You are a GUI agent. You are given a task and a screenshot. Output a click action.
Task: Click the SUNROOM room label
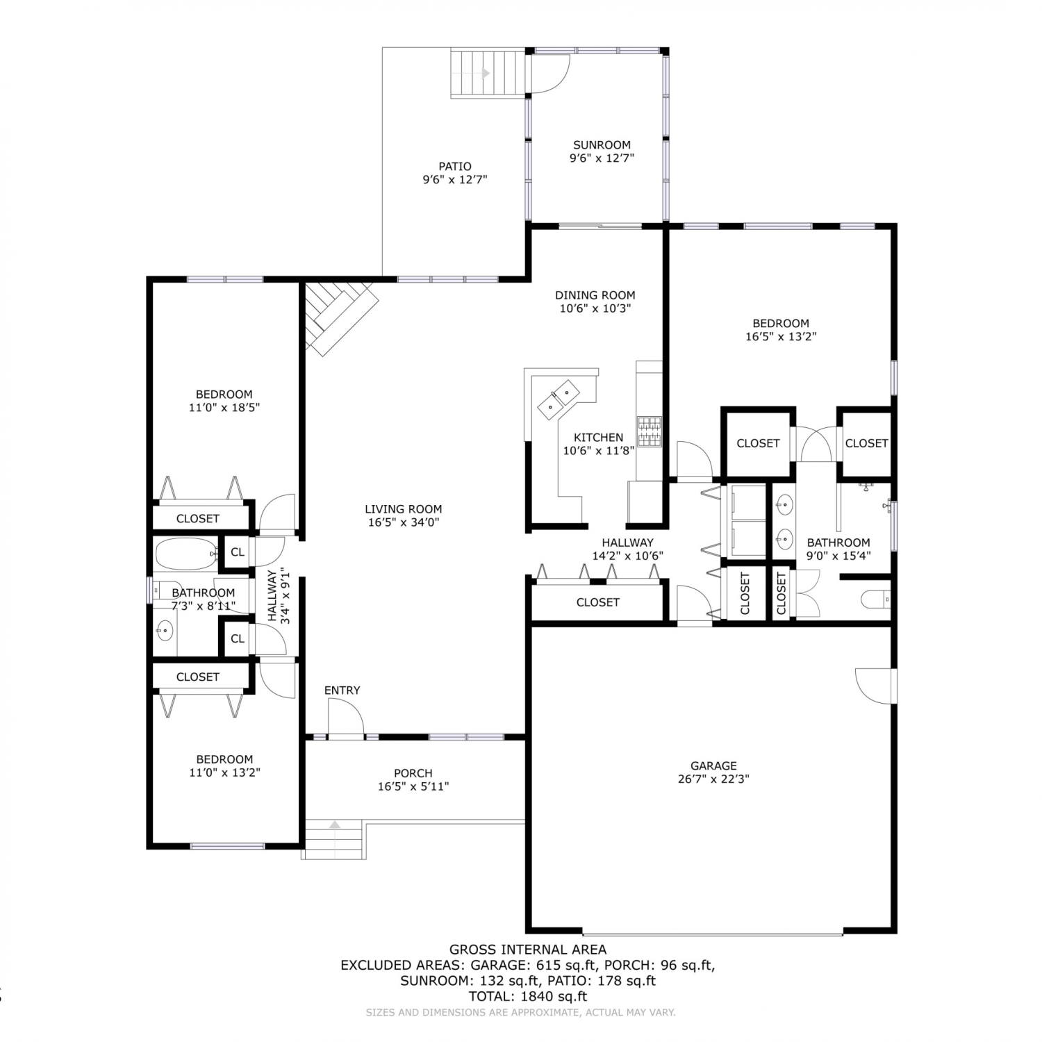tap(602, 145)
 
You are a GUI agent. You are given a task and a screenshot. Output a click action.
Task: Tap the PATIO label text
tap(455, 167)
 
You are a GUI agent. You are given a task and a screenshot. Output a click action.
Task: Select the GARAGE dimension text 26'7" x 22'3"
tap(713, 779)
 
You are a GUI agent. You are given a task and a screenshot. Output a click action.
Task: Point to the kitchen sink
tap(560, 399)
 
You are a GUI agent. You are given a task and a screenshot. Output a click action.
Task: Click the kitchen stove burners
tap(650, 431)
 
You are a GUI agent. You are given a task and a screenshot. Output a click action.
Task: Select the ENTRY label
tap(342, 690)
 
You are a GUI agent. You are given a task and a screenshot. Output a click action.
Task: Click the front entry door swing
tap(346, 716)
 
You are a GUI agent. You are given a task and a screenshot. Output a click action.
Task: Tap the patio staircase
tap(488, 73)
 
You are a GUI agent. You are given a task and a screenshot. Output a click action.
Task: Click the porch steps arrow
tap(335, 825)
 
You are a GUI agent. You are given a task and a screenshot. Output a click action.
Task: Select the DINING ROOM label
tap(595, 295)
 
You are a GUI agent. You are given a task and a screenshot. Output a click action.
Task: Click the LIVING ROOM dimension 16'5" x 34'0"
tap(403, 522)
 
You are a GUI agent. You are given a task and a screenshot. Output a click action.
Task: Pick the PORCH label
tap(413, 773)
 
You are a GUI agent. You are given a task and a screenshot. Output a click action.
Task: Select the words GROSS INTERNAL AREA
tap(528, 950)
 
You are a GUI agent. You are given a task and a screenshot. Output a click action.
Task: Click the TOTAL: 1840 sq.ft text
tap(528, 996)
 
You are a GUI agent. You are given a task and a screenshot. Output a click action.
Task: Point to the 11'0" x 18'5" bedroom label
tap(224, 401)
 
